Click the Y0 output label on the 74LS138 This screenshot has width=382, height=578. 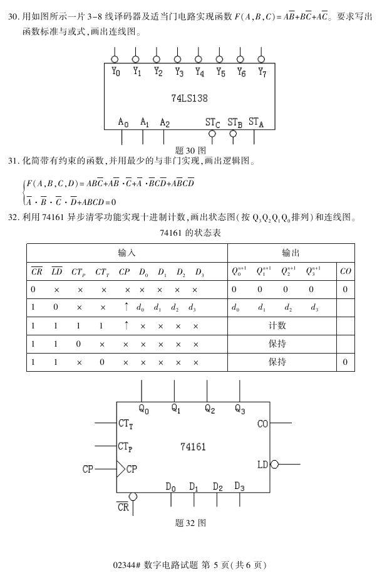click(x=116, y=73)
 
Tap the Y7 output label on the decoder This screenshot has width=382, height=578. click(x=262, y=73)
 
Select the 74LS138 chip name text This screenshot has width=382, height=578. click(x=189, y=98)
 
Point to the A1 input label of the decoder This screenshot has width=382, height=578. click(x=145, y=122)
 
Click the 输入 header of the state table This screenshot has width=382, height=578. click(x=126, y=253)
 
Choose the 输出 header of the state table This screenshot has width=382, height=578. click(x=291, y=253)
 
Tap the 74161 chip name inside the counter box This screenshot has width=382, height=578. click(x=193, y=447)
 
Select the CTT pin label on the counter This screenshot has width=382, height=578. click(x=125, y=424)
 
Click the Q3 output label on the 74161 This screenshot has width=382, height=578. click(x=240, y=409)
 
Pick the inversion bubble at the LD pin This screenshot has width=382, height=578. click(x=274, y=465)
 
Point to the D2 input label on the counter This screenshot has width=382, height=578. click(x=218, y=486)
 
